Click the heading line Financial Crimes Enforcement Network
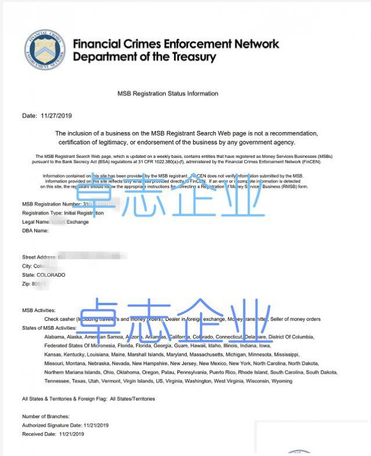tap(176, 44)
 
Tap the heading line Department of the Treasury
tap(144, 57)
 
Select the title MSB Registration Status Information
tap(168, 93)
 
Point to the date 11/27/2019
tap(56, 116)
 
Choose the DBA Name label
tap(35, 230)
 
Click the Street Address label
tap(39, 256)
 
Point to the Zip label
tap(27, 284)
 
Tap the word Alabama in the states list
tap(54, 337)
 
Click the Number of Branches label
tap(46, 417)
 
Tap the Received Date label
tap(39, 434)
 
